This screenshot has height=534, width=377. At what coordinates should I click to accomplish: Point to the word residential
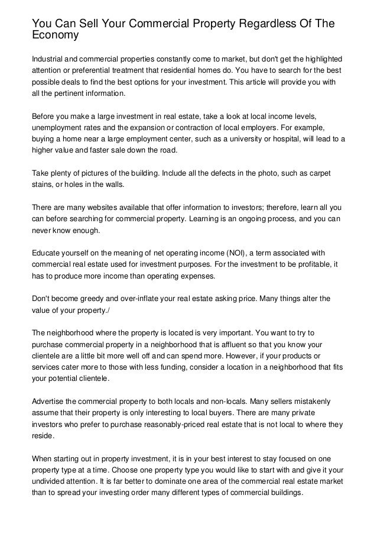tap(200, 70)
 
